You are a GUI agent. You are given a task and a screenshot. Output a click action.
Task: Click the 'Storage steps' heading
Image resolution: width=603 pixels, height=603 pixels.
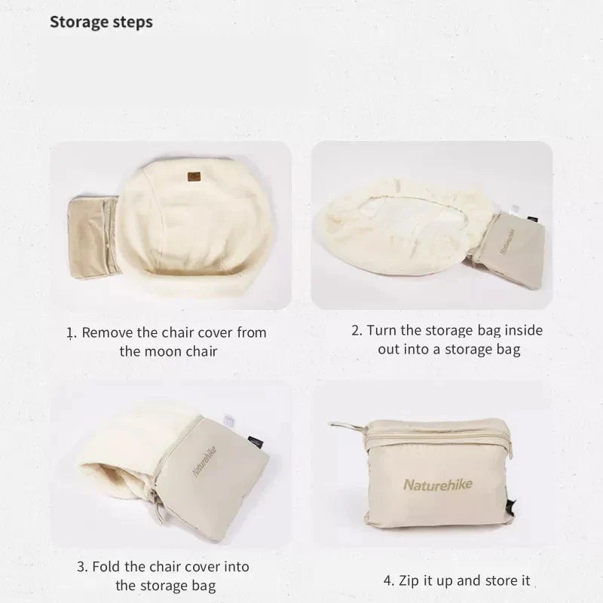[101, 22]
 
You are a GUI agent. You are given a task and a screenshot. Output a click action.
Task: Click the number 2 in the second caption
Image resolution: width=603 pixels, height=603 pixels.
[356, 331]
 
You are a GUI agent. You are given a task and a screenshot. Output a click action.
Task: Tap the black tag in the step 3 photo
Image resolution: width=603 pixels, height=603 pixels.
[254, 439]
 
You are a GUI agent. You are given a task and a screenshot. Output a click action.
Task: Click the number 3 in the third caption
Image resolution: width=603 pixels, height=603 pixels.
[81, 567]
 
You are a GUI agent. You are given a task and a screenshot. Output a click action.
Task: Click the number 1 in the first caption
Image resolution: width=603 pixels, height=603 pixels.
[71, 332]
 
